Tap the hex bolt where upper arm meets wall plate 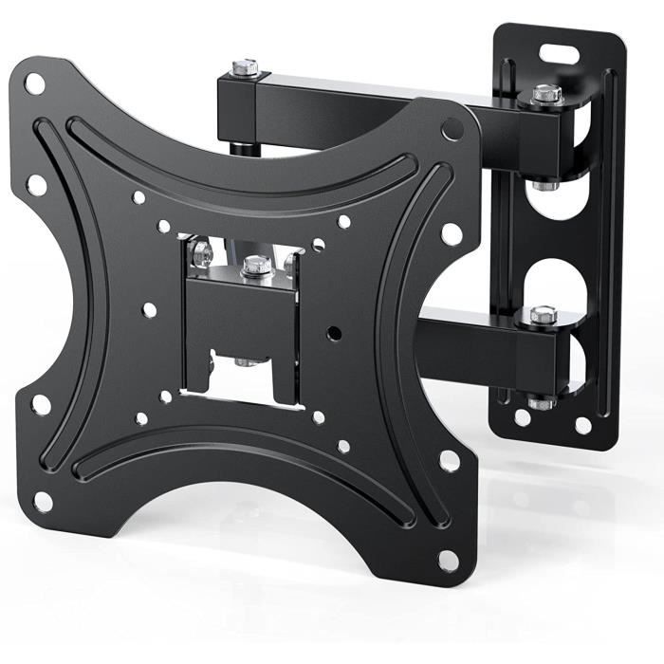point(546,93)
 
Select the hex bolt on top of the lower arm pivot point(543,314)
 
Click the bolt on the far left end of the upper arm point(245,67)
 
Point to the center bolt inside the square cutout point(254,267)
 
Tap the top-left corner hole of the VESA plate point(34,83)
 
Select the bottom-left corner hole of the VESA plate point(43,501)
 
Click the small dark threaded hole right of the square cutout point(333,335)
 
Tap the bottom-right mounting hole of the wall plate point(583,426)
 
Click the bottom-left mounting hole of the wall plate point(523,416)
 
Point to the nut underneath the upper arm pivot point(544,184)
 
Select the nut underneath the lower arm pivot point(541,402)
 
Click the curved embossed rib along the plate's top point(237,157)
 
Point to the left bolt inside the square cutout point(201,253)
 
